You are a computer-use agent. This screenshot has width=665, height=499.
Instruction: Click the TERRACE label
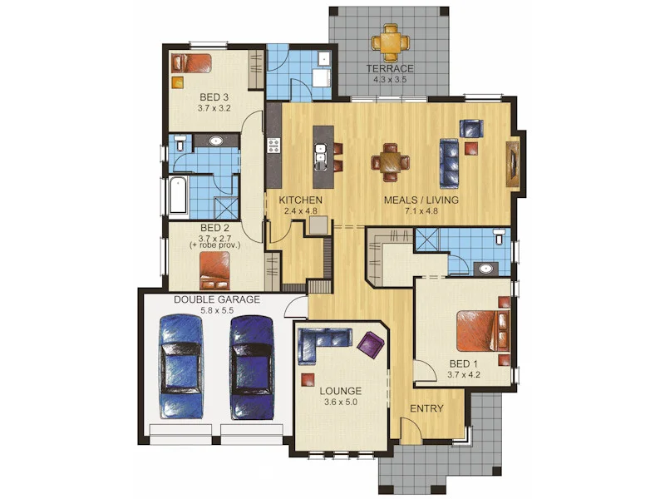click(x=390, y=68)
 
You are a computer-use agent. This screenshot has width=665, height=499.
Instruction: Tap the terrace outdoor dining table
click(x=391, y=42)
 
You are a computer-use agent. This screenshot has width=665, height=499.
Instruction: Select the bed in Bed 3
click(x=191, y=63)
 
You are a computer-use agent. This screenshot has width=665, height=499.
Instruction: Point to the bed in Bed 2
click(x=214, y=271)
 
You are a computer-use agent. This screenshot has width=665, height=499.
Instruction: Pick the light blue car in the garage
click(x=181, y=367)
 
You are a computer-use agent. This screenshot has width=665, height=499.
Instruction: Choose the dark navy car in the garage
click(x=252, y=368)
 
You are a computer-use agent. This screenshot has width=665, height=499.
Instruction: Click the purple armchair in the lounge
click(x=371, y=345)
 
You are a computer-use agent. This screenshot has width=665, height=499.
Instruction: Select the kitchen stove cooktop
click(x=273, y=146)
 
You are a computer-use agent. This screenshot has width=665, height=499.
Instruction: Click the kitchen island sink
click(x=320, y=153)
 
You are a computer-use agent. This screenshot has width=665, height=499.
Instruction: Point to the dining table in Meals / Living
click(x=390, y=162)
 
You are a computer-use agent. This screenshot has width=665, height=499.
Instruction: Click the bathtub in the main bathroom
click(x=178, y=195)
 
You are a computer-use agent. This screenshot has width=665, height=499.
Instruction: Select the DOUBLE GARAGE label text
click(x=217, y=299)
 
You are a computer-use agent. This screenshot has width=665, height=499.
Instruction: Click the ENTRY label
click(x=426, y=408)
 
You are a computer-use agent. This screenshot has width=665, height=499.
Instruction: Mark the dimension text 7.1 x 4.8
click(x=421, y=211)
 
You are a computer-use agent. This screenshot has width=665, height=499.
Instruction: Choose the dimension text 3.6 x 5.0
click(x=341, y=402)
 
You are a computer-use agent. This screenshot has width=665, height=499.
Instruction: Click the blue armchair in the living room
click(x=471, y=129)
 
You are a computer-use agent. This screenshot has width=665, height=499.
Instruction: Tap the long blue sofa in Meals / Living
click(x=450, y=163)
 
